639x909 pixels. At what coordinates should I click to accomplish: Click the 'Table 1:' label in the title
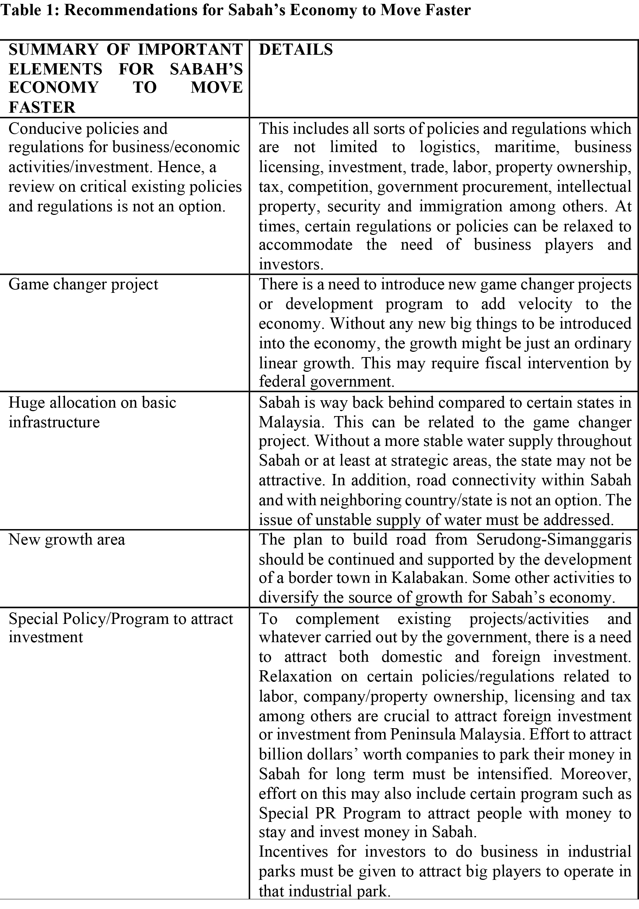click(30, 10)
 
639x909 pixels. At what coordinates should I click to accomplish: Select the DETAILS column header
click(296, 50)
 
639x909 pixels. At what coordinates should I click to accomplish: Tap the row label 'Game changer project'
click(83, 284)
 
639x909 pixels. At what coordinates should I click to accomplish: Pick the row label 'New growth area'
click(66, 540)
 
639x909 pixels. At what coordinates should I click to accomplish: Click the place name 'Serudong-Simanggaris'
click(554, 540)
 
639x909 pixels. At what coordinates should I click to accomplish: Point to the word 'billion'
click(278, 754)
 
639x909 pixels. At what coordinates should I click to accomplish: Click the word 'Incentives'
click(293, 851)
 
